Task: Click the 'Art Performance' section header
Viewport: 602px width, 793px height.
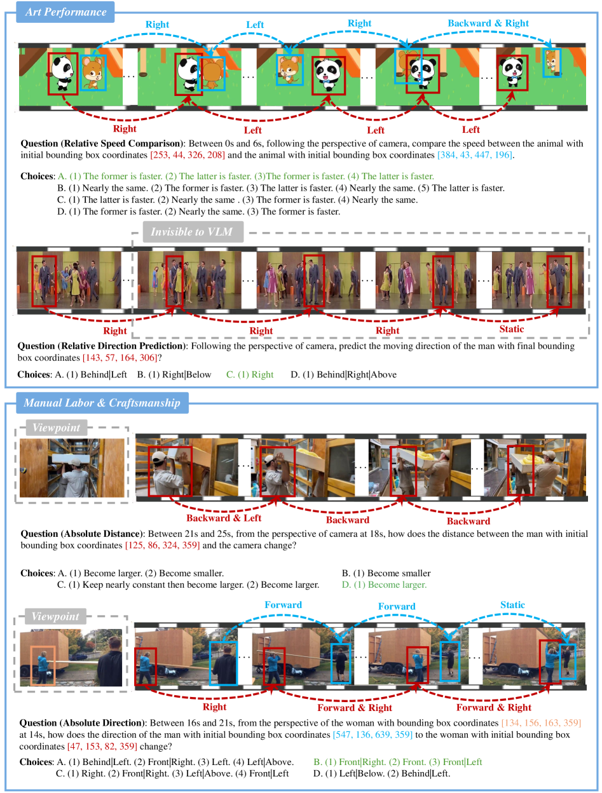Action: pos(65,12)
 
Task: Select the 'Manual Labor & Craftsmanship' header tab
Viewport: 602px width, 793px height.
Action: pos(102,402)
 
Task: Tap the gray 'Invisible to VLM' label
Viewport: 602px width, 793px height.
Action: pos(193,231)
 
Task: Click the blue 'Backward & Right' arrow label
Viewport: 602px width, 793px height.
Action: pos(488,23)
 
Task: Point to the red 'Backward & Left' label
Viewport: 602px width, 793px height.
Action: pos(224,518)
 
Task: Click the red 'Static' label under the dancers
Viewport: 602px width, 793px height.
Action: pos(511,329)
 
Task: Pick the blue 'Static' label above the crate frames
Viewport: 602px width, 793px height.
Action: pos(512,605)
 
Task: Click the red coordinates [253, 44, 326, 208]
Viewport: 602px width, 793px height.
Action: pos(188,155)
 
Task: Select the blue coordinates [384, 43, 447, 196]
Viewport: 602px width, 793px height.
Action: pos(475,155)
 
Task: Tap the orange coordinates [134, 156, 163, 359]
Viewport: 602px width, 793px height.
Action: pos(541,723)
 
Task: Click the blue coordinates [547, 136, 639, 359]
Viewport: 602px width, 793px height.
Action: pos(373,735)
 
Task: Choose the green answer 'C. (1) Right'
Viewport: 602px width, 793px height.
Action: pos(250,374)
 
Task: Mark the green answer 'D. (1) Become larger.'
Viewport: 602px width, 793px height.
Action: pos(384,585)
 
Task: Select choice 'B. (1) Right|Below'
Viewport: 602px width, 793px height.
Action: pos(174,374)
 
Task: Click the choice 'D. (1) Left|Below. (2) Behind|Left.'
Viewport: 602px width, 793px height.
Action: pos(381,773)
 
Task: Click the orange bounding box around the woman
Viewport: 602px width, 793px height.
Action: pos(31,665)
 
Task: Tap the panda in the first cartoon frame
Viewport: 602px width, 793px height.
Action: pos(62,73)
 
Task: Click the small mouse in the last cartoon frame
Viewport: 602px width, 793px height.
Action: pos(552,63)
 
